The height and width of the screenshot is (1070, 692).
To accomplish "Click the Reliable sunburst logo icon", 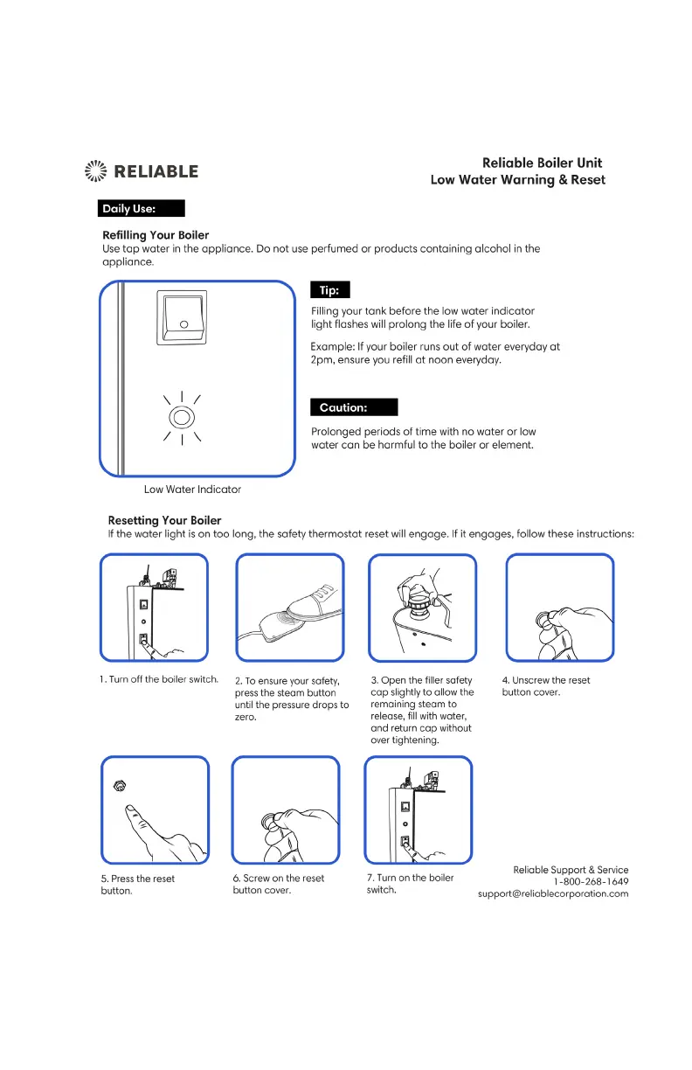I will (93, 171).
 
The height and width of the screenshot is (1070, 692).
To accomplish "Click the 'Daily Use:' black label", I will (141, 208).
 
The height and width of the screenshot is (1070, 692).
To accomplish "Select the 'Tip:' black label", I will (330, 290).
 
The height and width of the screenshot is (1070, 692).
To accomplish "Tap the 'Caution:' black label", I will (354, 407).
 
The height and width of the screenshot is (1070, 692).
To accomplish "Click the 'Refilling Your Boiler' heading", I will (156, 235).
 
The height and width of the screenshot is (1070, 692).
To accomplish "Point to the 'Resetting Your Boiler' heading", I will (164, 520).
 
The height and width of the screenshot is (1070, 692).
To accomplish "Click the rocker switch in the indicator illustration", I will (183, 317).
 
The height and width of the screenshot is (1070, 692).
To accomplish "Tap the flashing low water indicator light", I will (182, 417).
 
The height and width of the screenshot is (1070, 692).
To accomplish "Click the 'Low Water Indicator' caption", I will (192, 490).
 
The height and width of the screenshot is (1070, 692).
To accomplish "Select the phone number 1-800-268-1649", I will (591, 881).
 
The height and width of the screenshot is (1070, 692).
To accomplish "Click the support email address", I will (553, 893).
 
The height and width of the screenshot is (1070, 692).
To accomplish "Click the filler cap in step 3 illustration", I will (417, 602).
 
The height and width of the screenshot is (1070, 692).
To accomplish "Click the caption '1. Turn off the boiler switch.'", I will (158, 680).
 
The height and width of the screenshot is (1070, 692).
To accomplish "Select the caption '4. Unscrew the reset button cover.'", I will (545, 686).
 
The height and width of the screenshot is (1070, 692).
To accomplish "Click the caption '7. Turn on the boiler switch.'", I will (410, 884).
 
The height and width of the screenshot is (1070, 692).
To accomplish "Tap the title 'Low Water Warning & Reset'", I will (517, 180).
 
